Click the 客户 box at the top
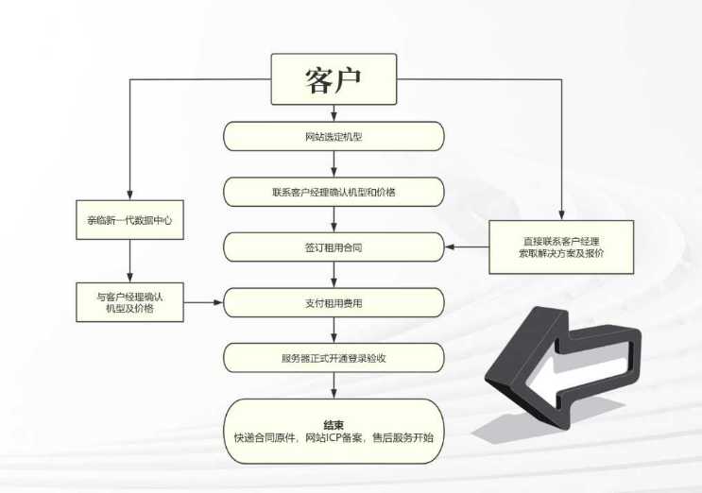coord(334,79)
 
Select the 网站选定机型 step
coord(334,136)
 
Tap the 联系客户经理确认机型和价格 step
coord(334,192)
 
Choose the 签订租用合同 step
coord(334,247)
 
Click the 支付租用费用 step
coord(334,303)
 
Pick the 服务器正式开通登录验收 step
coord(334,358)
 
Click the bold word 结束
coord(334,425)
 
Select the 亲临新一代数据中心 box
coord(129,220)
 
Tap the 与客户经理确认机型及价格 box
coord(129,302)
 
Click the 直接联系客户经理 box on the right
coord(561,246)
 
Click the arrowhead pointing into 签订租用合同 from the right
coord(450,246)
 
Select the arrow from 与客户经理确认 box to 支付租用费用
coord(204,302)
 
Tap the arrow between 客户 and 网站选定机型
coord(334,113)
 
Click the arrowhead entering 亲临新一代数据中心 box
coord(129,195)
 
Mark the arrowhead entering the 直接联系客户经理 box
coord(561,215)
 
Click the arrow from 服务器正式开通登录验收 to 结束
coord(334,385)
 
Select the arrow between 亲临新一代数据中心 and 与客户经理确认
coord(129,261)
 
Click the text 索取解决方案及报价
coord(561,253)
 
